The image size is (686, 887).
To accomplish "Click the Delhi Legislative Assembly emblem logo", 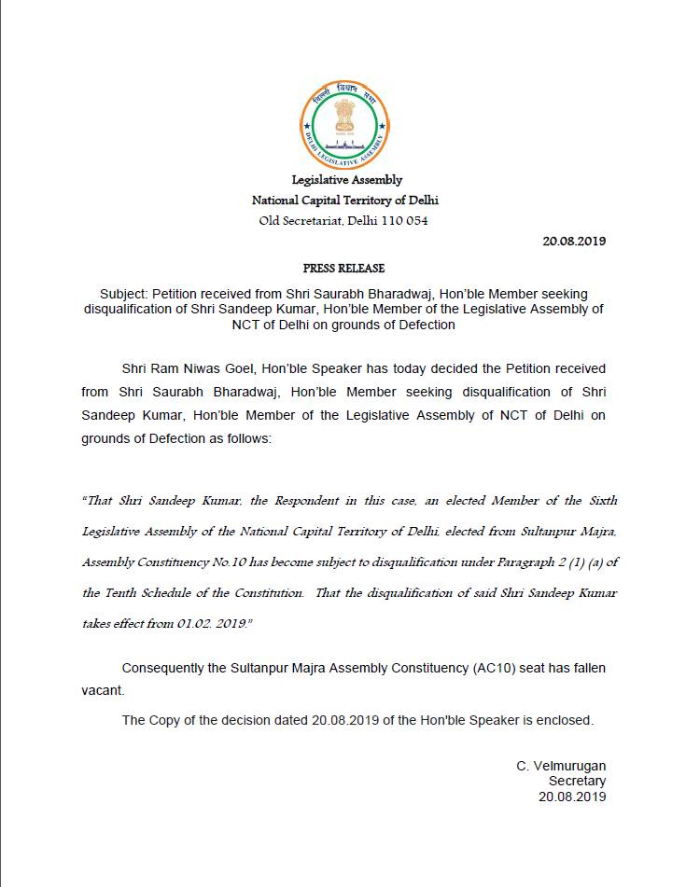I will [343, 124].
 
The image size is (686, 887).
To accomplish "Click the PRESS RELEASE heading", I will [343, 268].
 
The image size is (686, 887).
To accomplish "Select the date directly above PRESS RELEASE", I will [574, 241].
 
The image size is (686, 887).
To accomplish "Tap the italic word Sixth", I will [600, 501].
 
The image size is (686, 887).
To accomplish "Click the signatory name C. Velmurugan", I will [561, 766].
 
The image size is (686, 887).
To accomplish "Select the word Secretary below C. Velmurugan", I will [577, 781].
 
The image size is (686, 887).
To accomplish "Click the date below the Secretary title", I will [572, 797].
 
